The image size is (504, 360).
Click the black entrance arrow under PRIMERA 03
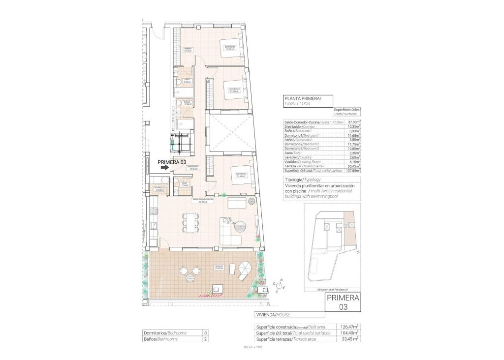pyautogui.click(x=164, y=168)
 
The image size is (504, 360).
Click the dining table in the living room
pyautogui.click(x=190, y=223)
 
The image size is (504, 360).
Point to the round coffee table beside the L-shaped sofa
pyautogui.click(x=240, y=227)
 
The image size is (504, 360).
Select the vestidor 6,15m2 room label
pyautogui.click(x=188, y=50)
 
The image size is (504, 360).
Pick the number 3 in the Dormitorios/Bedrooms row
pyautogui.click(x=205, y=333)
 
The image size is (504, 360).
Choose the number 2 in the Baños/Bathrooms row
pyautogui.click(x=205, y=339)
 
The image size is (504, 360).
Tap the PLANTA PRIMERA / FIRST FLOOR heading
pyautogui.click(x=303, y=101)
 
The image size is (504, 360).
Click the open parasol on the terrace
pyautogui.click(x=245, y=269)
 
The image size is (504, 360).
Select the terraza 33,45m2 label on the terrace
pyautogui.click(x=219, y=268)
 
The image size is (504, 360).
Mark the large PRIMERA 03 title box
pyautogui.click(x=343, y=302)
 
